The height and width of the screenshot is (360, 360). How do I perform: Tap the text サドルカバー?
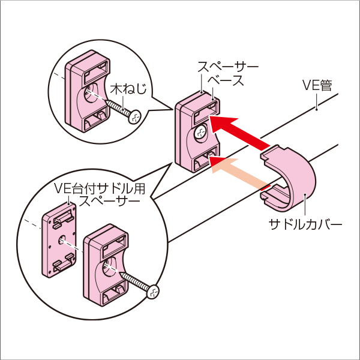(x=305, y=226)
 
